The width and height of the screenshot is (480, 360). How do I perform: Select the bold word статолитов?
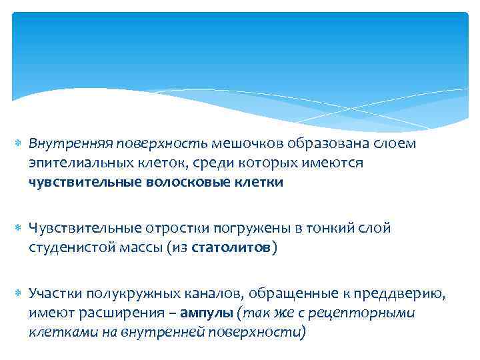(231, 248)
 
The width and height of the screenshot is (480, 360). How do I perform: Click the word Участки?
(53, 294)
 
